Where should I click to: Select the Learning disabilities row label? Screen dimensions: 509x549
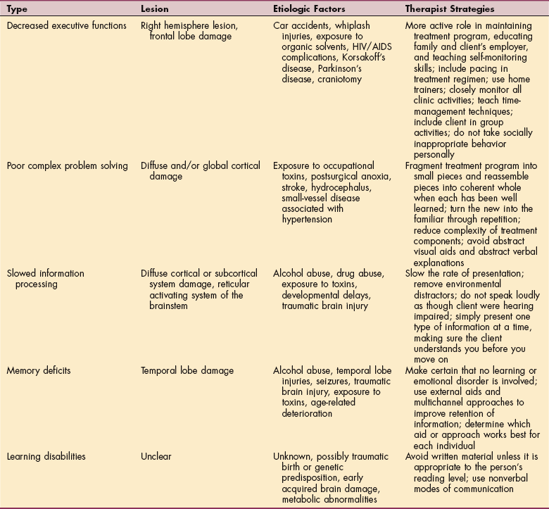tap(46, 457)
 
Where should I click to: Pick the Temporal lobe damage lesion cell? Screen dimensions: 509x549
tap(187, 371)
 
